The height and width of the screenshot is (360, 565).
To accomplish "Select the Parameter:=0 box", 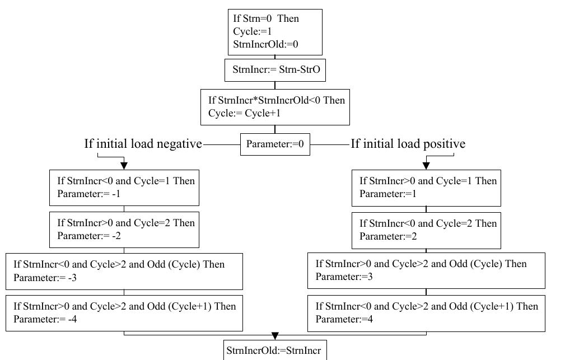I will (275, 144).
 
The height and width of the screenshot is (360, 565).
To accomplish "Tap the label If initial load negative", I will (143, 144).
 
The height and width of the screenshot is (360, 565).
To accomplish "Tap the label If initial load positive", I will (408, 144).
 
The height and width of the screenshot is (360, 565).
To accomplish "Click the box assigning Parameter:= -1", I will (124, 188).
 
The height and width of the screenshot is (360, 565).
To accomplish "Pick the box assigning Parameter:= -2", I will (124, 230).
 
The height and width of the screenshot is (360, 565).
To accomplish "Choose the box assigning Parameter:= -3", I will (124, 271).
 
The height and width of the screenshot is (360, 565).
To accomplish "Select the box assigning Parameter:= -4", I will (124, 313).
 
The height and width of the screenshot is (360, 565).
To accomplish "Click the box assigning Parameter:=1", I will (426, 188).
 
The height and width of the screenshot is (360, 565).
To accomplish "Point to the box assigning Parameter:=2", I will (426, 230).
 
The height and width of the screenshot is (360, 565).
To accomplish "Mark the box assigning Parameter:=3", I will (426, 270).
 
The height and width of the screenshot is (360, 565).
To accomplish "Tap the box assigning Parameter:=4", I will (426, 313).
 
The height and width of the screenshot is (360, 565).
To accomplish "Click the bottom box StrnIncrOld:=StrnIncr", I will (274, 350).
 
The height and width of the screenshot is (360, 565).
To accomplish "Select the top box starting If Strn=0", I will (275, 31).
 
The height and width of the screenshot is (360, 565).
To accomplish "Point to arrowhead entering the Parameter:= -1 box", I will (124, 166).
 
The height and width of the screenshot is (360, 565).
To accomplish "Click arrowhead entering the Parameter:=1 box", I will (426, 166).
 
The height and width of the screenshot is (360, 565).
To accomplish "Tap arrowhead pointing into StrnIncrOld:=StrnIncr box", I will (275, 336).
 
